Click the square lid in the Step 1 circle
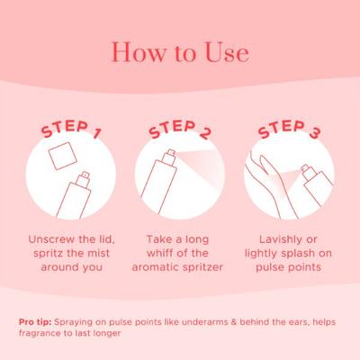click(x=63, y=156)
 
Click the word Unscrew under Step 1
click(x=51, y=239)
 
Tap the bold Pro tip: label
click(x=35, y=322)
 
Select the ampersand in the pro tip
click(x=234, y=322)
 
